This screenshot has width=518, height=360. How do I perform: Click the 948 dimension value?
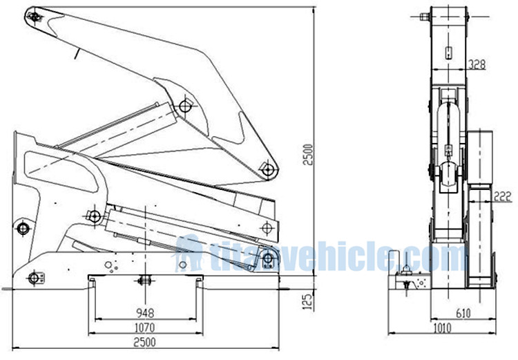(x=144, y=312)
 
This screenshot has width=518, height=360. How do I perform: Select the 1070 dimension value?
(x=144, y=327)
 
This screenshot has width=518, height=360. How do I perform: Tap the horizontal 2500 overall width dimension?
(x=144, y=341)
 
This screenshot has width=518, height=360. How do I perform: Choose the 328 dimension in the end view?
(x=477, y=64)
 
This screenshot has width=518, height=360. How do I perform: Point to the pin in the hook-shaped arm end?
(x=268, y=168)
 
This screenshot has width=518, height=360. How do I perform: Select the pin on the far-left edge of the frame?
(x=23, y=227)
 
